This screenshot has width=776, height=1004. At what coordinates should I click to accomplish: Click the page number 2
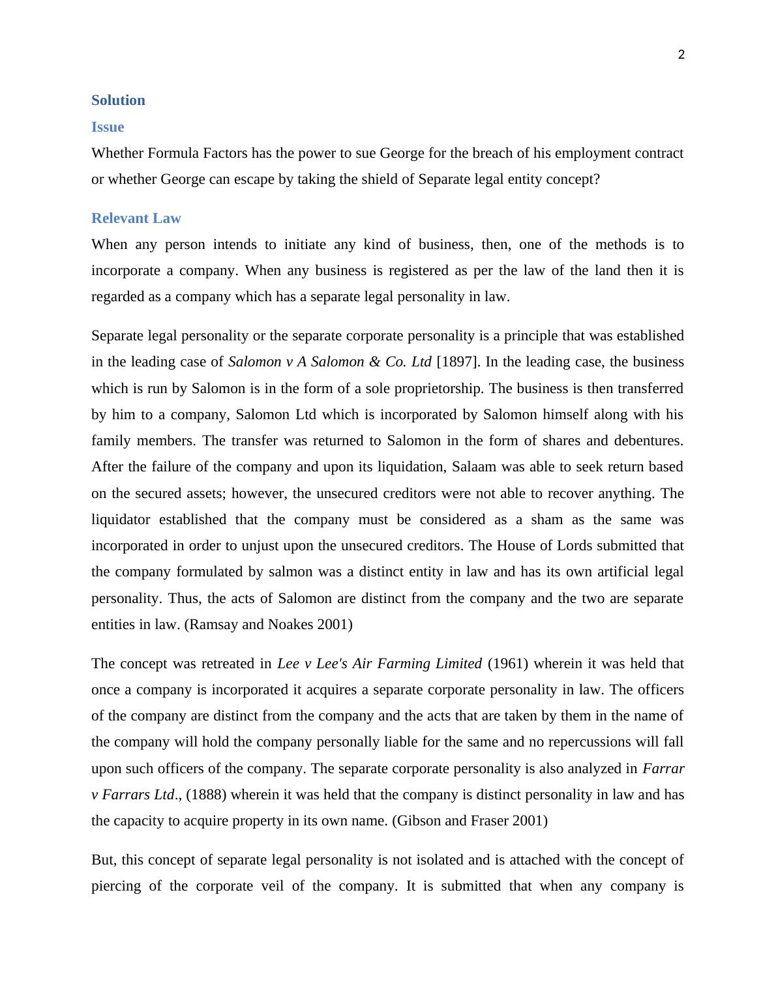click(x=681, y=55)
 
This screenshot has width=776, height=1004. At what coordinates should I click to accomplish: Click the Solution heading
click(x=118, y=100)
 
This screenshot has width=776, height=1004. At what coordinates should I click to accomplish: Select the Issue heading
click(x=108, y=127)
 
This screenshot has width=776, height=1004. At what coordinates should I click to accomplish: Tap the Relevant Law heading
click(x=136, y=218)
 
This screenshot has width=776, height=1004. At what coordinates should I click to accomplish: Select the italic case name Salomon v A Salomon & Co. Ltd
click(x=329, y=362)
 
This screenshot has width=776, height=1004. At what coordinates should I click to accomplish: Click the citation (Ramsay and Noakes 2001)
click(x=269, y=625)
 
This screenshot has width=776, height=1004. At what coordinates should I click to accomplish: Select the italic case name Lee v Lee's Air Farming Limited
click(x=379, y=664)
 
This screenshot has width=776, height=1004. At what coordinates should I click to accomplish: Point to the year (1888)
click(x=206, y=795)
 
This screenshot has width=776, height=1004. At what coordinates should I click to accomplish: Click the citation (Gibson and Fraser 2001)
click(x=470, y=821)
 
